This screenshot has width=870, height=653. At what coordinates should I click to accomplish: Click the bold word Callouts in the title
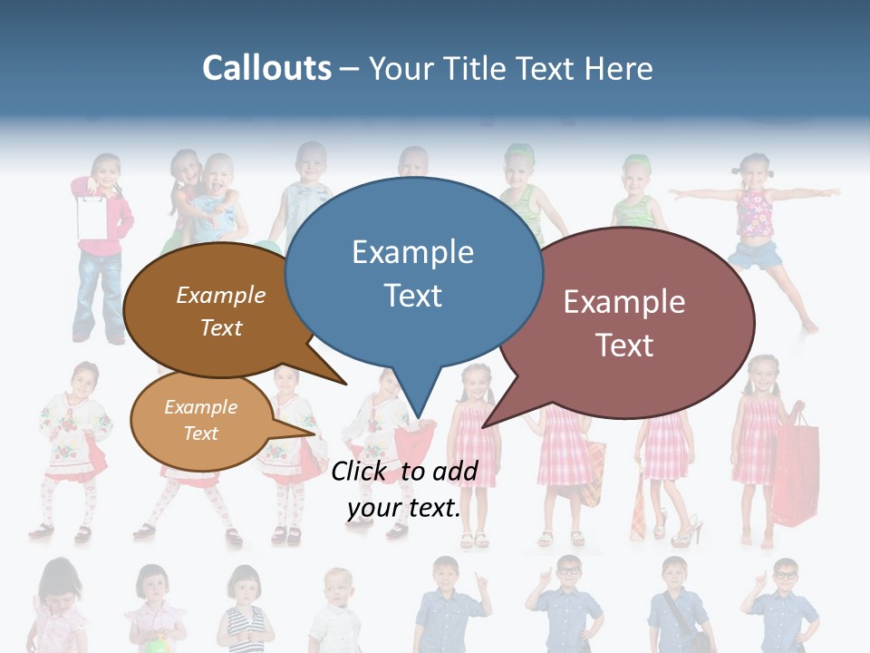click(x=266, y=69)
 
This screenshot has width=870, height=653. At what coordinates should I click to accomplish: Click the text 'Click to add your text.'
click(x=403, y=490)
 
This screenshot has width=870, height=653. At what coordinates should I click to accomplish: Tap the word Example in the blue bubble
click(x=412, y=252)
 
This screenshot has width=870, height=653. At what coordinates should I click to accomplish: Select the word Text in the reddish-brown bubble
click(x=624, y=346)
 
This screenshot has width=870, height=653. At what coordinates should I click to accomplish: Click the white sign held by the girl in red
click(x=92, y=216)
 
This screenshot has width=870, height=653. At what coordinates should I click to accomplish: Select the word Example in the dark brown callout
click(x=220, y=296)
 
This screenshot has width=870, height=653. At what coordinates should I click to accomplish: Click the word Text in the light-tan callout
click(x=200, y=434)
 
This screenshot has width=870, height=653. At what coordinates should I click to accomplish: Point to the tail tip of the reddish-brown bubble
click(x=484, y=425)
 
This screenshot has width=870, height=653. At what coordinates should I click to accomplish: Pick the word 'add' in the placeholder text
click(x=454, y=471)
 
